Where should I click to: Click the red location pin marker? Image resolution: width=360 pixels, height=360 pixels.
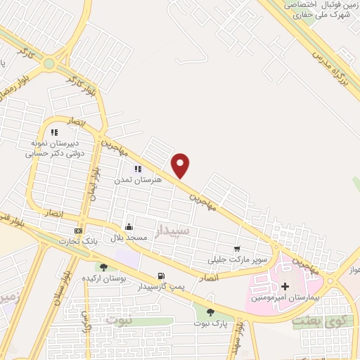(x=181, y=165)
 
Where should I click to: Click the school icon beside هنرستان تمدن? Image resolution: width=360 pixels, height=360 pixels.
(x=138, y=169)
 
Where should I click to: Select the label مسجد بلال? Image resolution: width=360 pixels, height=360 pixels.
(x=129, y=238)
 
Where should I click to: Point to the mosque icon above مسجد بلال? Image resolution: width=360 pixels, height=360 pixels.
(x=129, y=227)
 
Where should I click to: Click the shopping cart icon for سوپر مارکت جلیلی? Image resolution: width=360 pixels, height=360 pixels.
(x=237, y=249)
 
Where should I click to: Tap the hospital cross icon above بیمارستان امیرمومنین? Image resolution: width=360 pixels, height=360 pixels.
(x=285, y=286)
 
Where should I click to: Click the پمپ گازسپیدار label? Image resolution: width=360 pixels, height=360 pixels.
(x=161, y=287)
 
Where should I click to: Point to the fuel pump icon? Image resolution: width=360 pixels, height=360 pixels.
(x=162, y=276)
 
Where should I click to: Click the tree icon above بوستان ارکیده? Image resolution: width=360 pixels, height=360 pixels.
(x=104, y=267)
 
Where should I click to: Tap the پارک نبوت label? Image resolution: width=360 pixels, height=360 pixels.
(x=211, y=323)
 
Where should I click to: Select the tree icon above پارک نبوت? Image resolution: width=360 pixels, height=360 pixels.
(x=211, y=313)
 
